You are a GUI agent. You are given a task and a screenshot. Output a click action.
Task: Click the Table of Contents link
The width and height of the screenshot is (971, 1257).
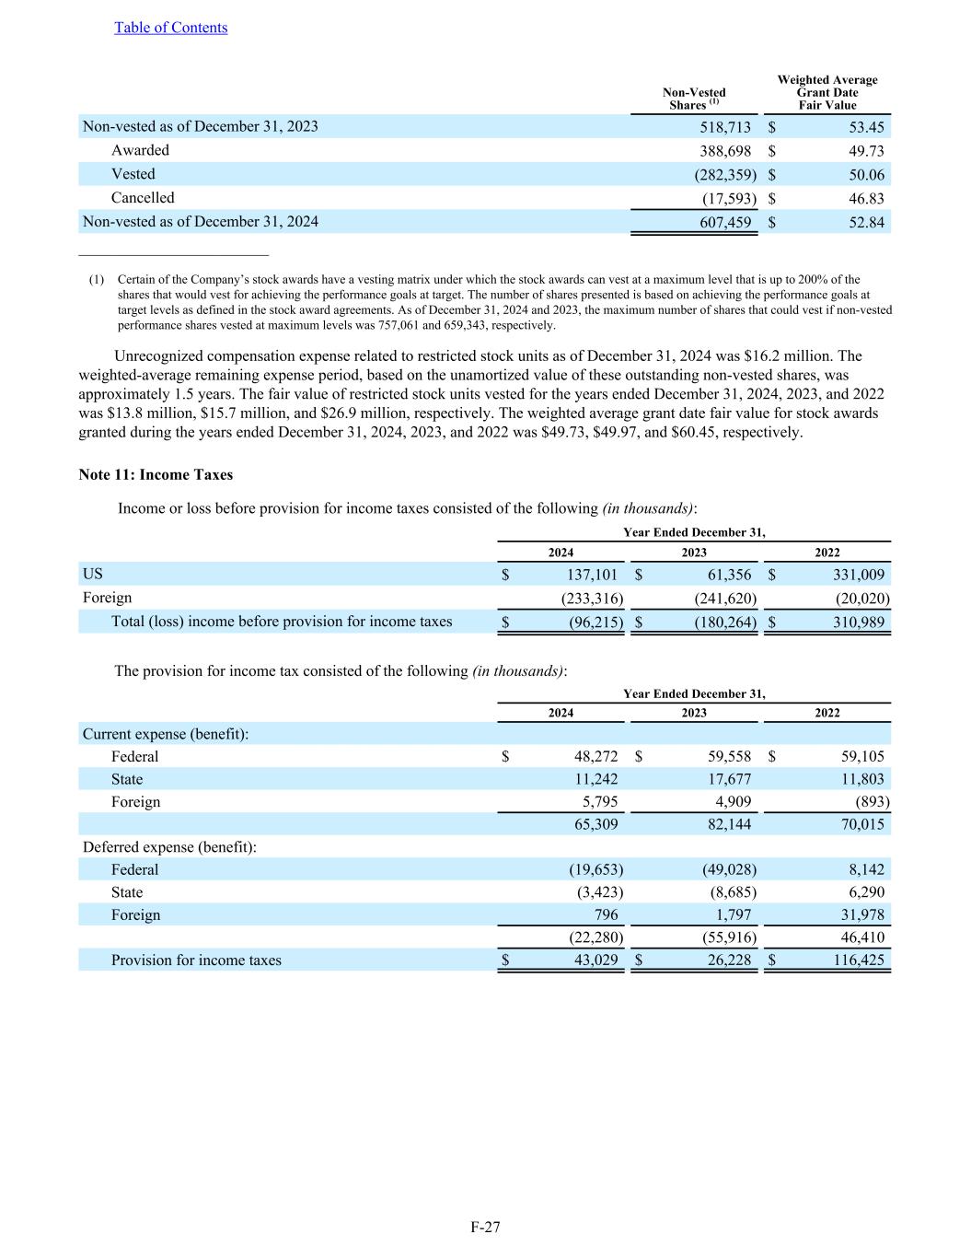click(170, 28)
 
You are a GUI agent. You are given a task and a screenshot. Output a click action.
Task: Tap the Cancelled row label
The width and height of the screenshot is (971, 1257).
click(143, 198)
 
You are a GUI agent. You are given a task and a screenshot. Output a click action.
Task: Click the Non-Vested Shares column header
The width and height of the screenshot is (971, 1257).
click(694, 99)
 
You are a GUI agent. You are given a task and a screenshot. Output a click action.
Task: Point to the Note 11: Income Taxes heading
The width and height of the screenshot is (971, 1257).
click(156, 475)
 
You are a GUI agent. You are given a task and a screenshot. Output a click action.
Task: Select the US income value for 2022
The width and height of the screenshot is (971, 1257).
click(854, 575)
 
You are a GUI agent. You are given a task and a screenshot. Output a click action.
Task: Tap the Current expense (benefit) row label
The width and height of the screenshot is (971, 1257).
click(166, 734)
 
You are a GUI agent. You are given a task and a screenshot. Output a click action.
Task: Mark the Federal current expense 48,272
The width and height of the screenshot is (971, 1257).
click(595, 757)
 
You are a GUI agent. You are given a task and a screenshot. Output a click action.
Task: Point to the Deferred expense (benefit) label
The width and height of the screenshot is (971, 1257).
click(169, 847)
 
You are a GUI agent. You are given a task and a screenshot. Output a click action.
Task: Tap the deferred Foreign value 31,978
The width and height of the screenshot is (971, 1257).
click(859, 915)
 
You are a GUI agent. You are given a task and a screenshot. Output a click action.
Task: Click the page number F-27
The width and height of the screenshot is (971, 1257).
click(485, 1227)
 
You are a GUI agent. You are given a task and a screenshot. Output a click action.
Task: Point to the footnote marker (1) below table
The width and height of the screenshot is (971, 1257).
click(97, 280)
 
